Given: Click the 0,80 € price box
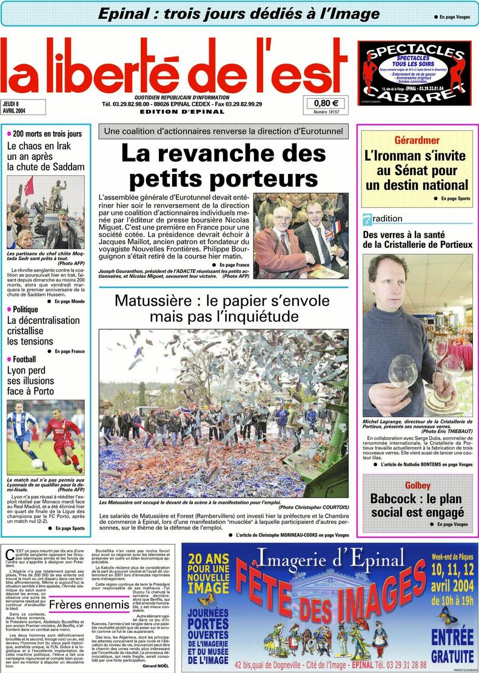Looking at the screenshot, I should (326, 103).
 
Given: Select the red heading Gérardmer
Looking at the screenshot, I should (417, 140).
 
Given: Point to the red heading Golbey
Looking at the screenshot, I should (418, 485).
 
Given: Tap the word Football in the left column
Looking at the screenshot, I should (24, 360).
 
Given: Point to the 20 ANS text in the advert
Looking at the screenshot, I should (208, 558).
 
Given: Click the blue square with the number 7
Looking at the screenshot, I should (367, 219).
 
